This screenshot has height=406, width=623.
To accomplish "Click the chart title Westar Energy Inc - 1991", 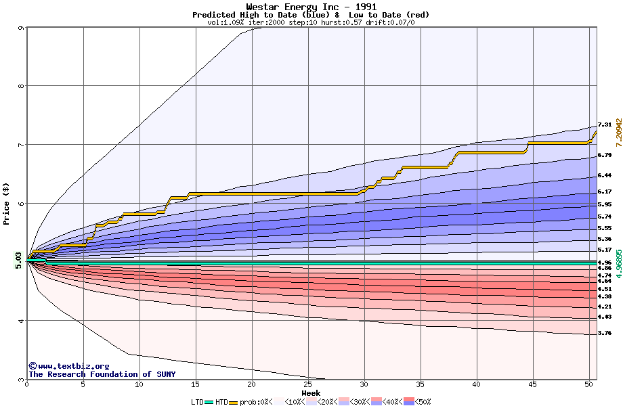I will [311, 7].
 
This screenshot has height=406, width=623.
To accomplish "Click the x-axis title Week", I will [311, 392].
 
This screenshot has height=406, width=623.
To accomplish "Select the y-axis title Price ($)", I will [6, 203].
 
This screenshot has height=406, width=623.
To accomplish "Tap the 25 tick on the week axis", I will [308, 384].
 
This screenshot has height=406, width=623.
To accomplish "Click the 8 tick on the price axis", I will [22, 86].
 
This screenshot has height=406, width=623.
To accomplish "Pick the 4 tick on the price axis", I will [22, 321].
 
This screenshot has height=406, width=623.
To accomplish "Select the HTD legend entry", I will [221, 402].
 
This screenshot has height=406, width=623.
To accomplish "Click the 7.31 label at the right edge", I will [605, 125].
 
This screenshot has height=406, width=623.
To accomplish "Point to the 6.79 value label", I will [605, 155].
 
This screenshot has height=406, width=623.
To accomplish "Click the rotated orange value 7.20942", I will [618, 132].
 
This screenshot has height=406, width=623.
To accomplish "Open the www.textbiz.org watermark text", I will [68, 366].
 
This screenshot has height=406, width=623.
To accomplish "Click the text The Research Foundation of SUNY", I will [102, 374].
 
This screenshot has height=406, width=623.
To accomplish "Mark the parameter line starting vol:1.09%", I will [311, 22].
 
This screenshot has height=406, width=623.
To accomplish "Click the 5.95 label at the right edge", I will [605, 204].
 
